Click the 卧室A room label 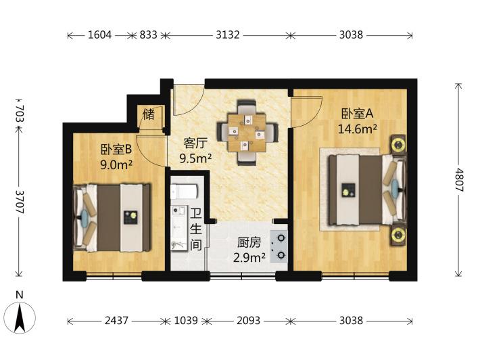pyautogui.click(x=357, y=114)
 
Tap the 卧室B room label pyautogui.click(x=116, y=150)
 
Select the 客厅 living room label pyautogui.click(x=195, y=143)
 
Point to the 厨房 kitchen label pyautogui.click(x=249, y=243)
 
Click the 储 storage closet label pyautogui.click(x=149, y=115)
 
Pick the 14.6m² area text pyautogui.click(x=357, y=129)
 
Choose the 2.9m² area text pyautogui.click(x=249, y=258)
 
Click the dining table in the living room pyautogui.click(x=247, y=133)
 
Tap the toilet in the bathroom pyautogui.click(x=184, y=192)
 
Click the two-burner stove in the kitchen pyautogui.click(x=279, y=246)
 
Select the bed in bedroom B pyautogui.click(x=112, y=218)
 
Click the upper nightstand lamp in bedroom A pyautogui.click(x=398, y=144)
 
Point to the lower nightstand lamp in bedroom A pyautogui.click(x=398, y=235)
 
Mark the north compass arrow pyautogui.click(x=20, y=318)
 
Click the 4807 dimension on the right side pyautogui.click(x=458, y=180)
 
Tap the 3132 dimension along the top pyautogui.click(x=228, y=35)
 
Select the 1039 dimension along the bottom pyautogui.click(x=186, y=321)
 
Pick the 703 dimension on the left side pyautogui.click(x=20, y=114)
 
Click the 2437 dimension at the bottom pyautogui.click(x=116, y=321)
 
